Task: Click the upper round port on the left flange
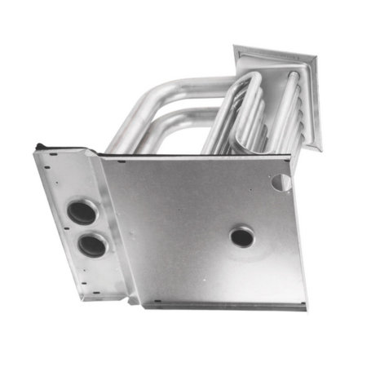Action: click(x=82, y=212)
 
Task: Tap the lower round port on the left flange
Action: click(x=92, y=244)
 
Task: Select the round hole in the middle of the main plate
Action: click(x=241, y=237)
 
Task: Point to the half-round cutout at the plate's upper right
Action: click(x=281, y=182)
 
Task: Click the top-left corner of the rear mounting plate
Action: click(x=236, y=47)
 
